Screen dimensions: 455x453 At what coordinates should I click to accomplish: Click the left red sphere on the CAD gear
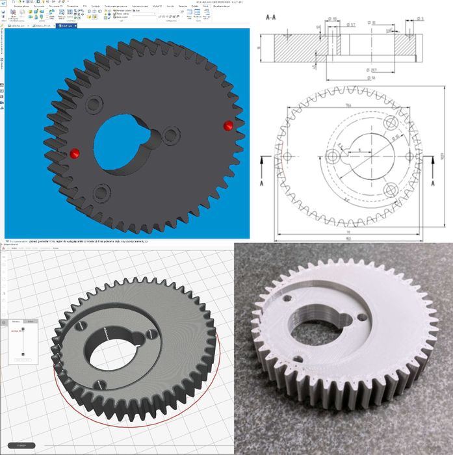(x=75, y=153)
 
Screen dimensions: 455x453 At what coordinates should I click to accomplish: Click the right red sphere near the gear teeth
(x=227, y=125)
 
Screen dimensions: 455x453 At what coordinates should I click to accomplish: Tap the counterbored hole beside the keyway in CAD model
(x=171, y=135)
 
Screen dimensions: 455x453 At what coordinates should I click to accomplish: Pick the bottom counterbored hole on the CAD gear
(x=101, y=192)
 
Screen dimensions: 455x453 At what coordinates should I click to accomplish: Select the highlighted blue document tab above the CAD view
(x=67, y=26)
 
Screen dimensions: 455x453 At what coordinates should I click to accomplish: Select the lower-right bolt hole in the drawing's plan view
(x=391, y=189)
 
